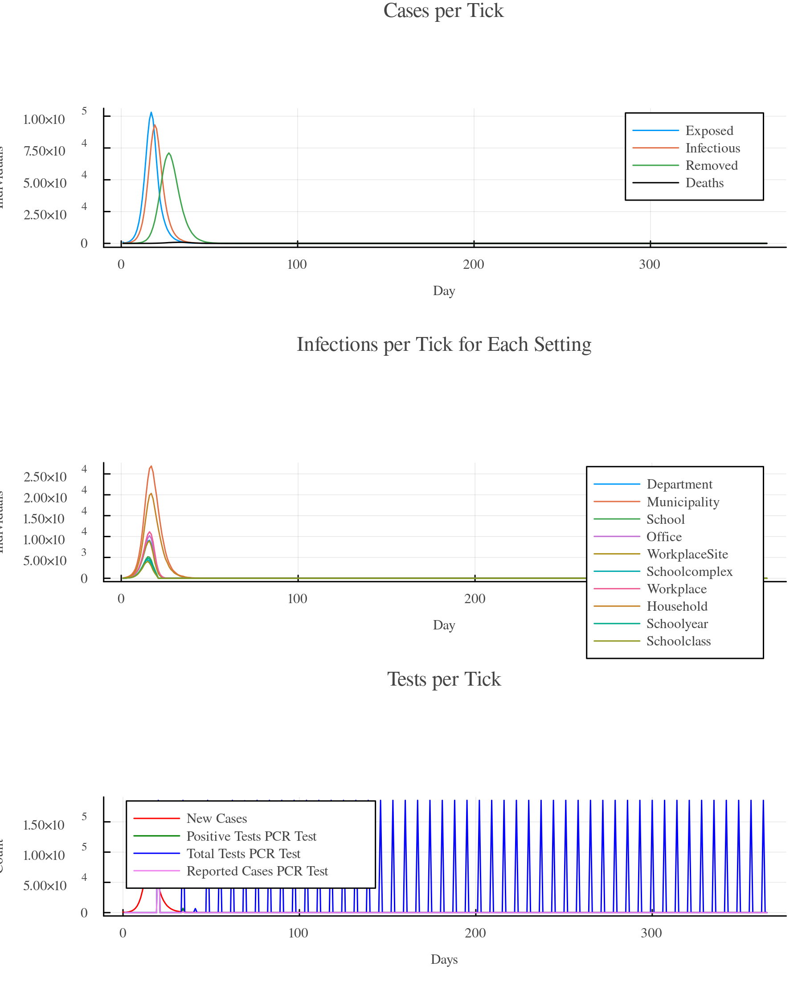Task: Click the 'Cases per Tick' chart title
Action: pyautogui.click(x=443, y=11)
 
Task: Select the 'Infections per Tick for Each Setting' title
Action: pyautogui.click(x=443, y=345)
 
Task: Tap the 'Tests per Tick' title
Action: pyautogui.click(x=443, y=679)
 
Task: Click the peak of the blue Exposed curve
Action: pyautogui.click(x=151, y=113)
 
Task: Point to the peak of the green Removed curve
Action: pyautogui.click(x=169, y=153)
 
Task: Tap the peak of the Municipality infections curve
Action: pyautogui.click(x=151, y=466)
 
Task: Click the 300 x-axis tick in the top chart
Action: pyautogui.click(x=650, y=265)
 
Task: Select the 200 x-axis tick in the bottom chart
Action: pyautogui.click(x=475, y=933)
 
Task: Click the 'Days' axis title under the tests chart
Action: pyautogui.click(x=444, y=959)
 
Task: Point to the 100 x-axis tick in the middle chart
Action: pyautogui.click(x=297, y=599)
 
